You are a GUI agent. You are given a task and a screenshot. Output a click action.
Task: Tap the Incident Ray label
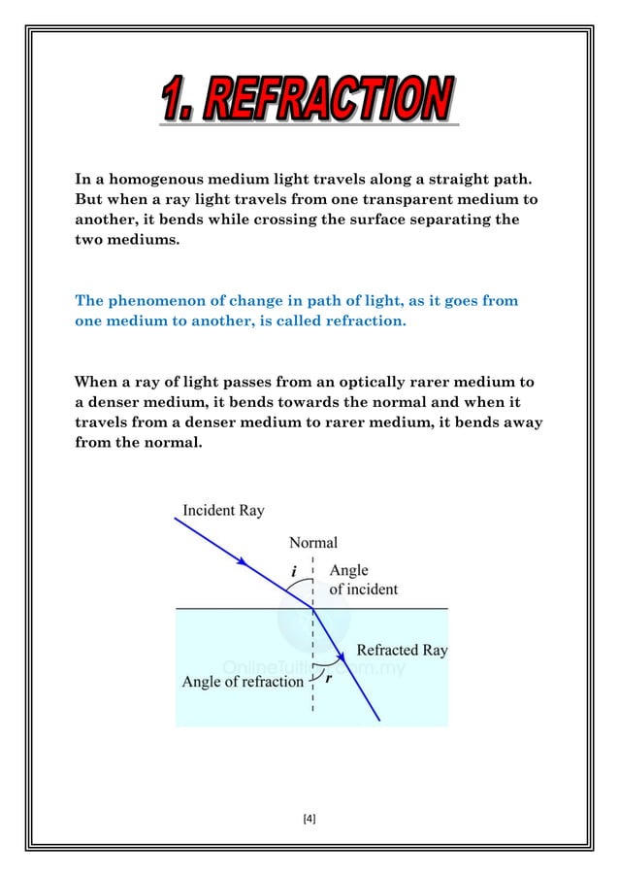pyautogui.click(x=222, y=510)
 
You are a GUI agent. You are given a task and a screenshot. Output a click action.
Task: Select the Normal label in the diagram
pyautogui.click(x=313, y=543)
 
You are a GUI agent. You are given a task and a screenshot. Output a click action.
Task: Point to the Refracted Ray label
pyautogui.click(x=402, y=650)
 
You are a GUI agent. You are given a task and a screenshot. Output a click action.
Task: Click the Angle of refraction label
pyautogui.click(x=243, y=682)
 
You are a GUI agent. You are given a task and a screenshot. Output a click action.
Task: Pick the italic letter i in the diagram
pyautogui.click(x=294, y=572)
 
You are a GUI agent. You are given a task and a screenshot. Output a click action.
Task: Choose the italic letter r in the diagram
pyautogui.click(x=329, y=679)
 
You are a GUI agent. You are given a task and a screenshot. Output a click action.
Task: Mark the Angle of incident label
pyautogui.click(x=363, y=580)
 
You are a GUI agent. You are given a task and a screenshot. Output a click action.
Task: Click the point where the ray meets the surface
pyautogui.click(x=313, y=608)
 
